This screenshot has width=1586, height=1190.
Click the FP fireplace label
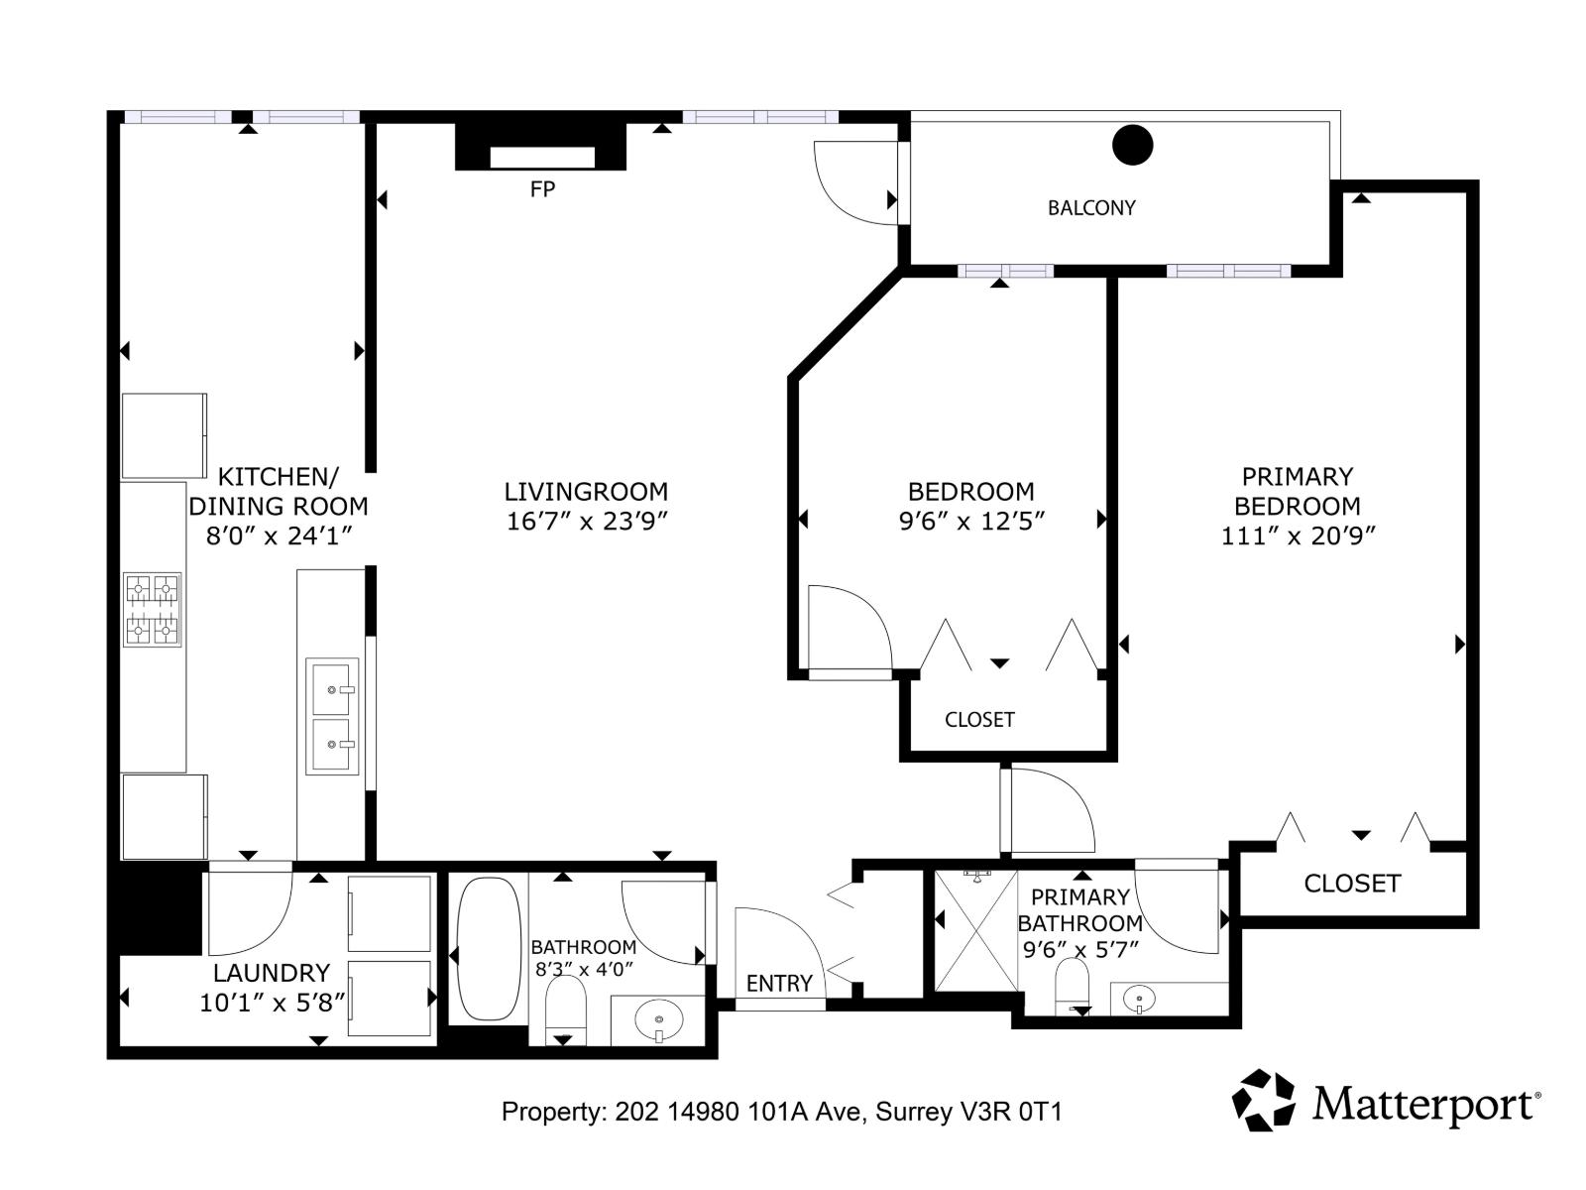542,189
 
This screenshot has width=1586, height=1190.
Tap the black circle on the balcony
1132,145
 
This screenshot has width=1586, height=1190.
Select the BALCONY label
1091,208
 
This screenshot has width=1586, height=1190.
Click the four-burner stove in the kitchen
153,610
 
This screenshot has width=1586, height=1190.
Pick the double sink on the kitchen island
332,716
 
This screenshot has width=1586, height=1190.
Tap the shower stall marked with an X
976,930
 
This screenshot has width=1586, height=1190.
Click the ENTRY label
779,984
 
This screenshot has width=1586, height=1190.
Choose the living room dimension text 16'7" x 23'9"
587,522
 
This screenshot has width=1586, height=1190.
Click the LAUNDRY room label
271,973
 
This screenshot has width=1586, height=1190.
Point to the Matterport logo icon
1264,1100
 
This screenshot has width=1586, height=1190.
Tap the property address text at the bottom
781,1112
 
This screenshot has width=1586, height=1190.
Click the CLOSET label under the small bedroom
979,720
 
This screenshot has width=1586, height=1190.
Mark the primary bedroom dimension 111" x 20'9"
1299,536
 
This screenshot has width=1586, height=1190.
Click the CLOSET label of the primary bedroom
1352,884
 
